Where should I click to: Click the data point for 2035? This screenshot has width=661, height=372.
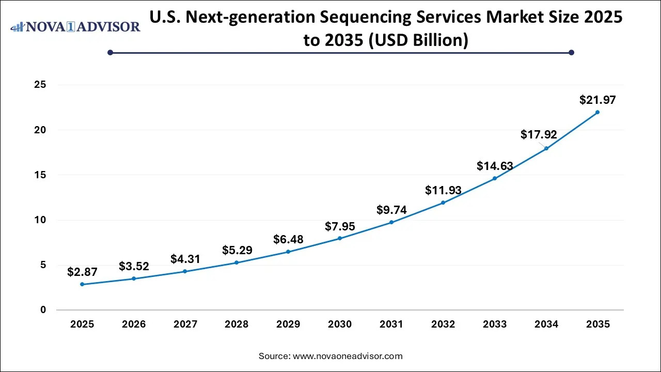click(597, 112)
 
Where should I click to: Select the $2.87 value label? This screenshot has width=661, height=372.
click(82, 272)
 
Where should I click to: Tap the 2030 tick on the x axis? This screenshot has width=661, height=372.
click(340, 324)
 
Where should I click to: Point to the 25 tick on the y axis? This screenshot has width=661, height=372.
click(40, 85)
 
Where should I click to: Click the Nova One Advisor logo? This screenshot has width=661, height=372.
click(75, 26)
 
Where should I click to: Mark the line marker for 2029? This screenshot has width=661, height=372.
click(288, 252)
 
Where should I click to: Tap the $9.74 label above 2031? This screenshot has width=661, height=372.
click(391, 210)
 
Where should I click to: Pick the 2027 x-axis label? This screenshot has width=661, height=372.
click(185, 324)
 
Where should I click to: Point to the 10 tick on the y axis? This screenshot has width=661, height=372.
click(40, 220)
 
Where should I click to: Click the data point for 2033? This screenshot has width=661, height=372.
click(495, 178)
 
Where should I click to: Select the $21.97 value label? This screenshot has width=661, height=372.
click(597, 100)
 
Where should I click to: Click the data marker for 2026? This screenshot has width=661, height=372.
click(134, 278)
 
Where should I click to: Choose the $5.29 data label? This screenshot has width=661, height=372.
click(237, 250)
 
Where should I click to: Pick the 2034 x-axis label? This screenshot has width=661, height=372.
click(546, 324)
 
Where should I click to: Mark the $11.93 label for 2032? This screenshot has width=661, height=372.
click(443, 190)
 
